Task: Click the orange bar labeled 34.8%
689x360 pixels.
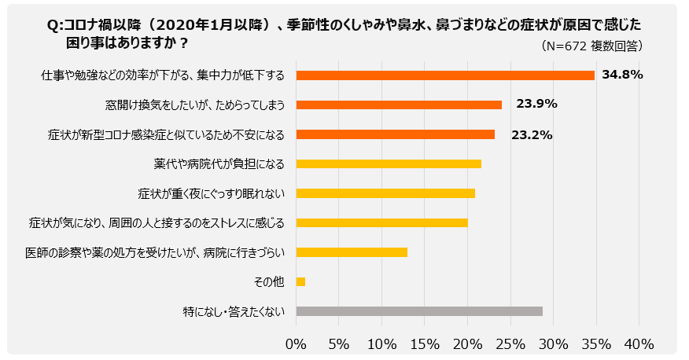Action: click(444, 75)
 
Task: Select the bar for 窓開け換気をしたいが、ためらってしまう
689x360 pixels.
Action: click(399, 105)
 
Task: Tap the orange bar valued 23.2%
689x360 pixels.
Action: click(396, 134)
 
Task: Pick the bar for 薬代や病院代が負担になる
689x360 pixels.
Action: click(389, 163)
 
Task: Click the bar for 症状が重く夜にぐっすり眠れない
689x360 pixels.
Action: click(385, 193)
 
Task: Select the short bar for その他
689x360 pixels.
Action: click(300, 281)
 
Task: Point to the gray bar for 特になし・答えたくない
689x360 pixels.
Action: click(419, 311)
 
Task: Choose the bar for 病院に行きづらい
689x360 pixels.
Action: click(352, 252)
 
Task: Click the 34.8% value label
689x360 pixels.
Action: click(622, 75)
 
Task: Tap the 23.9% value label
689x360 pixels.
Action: click(536, 105)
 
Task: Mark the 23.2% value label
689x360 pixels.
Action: click(532, 134)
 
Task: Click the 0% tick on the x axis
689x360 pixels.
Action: click(296, 343)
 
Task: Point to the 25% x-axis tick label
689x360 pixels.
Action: click(510, 343)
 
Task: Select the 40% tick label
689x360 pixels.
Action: click(639, 343)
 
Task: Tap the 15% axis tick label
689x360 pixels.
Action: click(425, 343)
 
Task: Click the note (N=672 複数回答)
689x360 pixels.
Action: click(593, 46)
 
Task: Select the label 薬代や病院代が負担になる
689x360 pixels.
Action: click(219, 163)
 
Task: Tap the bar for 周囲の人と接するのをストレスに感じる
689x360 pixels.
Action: click(381, 222)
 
